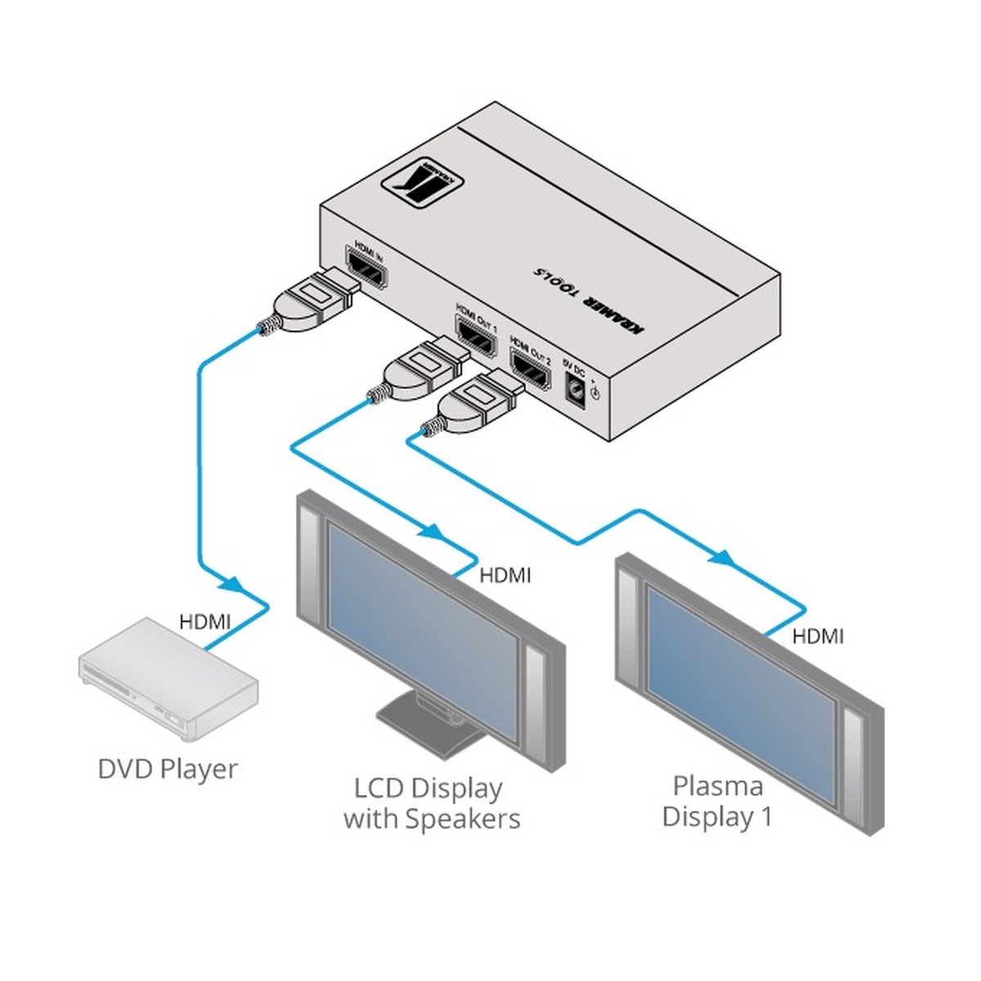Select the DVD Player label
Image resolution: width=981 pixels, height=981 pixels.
pos(168,769)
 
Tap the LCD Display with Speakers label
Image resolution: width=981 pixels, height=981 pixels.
pos(431,804)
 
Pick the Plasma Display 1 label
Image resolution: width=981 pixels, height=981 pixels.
pos(717,801)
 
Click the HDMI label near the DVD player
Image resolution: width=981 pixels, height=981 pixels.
pos(205,622)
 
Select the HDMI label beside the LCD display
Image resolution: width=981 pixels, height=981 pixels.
pos(505,576)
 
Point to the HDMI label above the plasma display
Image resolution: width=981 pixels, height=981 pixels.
pos(817,635)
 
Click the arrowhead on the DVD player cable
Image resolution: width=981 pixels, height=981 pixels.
pos(233,585)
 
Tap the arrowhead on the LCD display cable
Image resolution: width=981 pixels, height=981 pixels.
pos(430,531)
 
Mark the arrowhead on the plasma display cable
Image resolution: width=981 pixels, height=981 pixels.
pos(720,558)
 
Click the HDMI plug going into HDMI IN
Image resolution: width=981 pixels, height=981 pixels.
pos(315,301)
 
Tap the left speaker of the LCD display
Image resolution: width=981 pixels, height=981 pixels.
pos(311,564)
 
